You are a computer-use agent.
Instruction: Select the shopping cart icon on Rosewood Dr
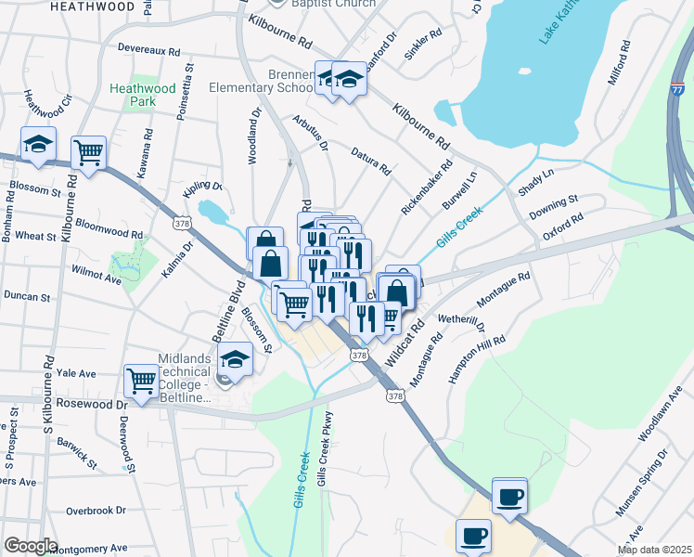[x=142, y=381]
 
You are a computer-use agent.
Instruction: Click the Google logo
[x=31, y=545]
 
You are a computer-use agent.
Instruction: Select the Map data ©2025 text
[x=655, y=550]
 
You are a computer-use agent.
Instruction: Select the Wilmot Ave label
[x=96, y=278]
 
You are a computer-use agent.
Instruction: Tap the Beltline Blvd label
[x=235, y=311]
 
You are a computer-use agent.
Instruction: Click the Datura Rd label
[x=370, y=160]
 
